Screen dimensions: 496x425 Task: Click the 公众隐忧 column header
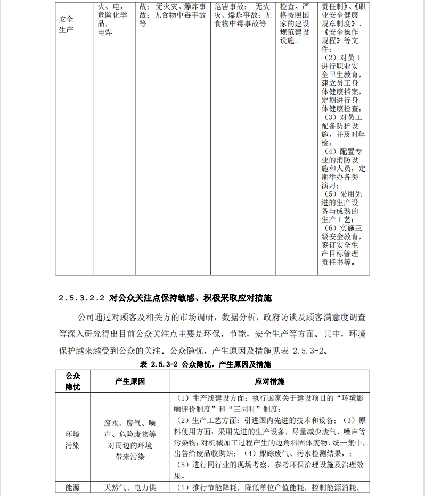tap(72, 381)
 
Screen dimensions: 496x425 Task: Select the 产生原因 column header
tap(130, 381)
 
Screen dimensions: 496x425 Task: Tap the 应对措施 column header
tap(269, 381)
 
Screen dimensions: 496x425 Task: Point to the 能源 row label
tap(72, 487)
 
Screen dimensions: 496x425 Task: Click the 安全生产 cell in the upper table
tap(67, 25)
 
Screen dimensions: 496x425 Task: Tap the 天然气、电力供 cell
tap(130, 487)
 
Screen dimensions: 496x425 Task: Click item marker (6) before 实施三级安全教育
tap(331, 228)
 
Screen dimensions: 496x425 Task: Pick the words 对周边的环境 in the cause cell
tap(130, 445)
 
